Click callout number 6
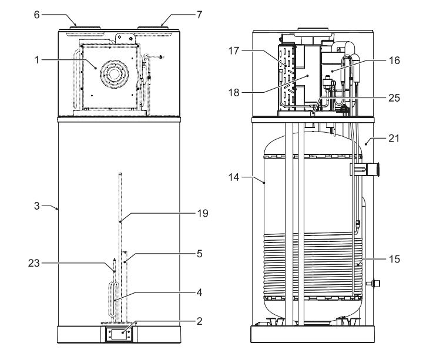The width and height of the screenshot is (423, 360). coord(36,15)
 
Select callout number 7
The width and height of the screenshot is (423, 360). coord(199,15)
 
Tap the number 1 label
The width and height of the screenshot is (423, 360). coord(37,60)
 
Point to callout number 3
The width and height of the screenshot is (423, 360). coord(37,206)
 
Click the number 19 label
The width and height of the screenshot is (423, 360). coord(203,214)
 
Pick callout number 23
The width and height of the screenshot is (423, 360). coord(34,263)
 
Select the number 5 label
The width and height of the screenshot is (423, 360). coord(200,254)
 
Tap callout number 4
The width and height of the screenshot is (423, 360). coord(199,292)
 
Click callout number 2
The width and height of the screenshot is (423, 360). coord(199,321)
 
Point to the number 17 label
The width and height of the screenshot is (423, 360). coord(234,51)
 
